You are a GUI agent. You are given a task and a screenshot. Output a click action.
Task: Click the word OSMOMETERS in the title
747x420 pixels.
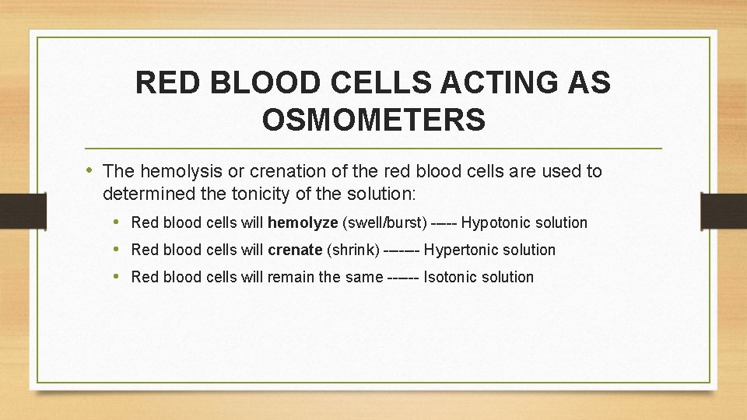[x=373, y=120]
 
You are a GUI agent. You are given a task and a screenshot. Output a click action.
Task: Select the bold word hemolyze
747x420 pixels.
[x=303, y=223]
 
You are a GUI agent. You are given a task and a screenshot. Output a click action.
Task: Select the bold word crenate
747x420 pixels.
[x=295, y=250]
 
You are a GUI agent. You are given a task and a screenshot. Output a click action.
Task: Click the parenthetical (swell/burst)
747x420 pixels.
[x=384, y=223]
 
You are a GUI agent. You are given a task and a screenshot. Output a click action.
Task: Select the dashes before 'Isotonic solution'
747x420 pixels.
[x=402, y=278]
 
